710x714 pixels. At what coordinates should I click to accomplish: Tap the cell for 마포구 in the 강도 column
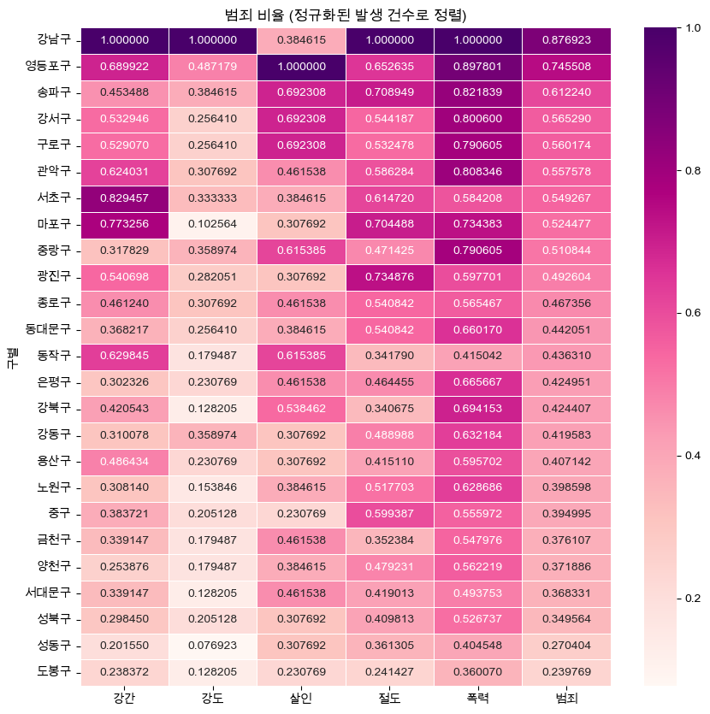212,224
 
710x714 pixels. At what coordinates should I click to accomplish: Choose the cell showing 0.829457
124,198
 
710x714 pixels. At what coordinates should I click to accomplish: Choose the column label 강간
124,699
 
